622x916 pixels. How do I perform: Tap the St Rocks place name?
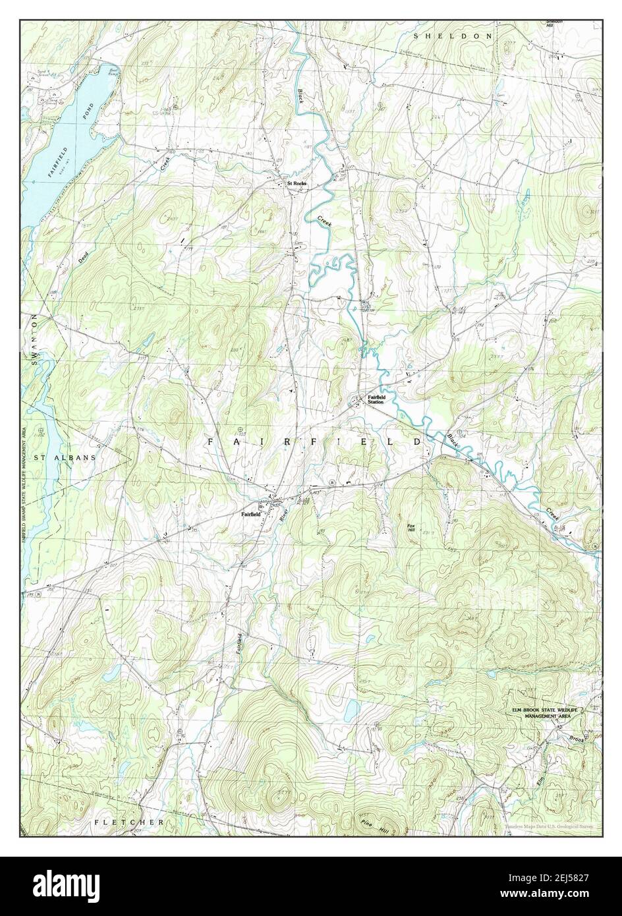click(296, 183)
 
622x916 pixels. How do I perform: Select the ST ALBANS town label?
click(65, 457)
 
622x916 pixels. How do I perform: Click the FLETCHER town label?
click(128, 822)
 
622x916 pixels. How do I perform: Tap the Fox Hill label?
click(411, 529)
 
